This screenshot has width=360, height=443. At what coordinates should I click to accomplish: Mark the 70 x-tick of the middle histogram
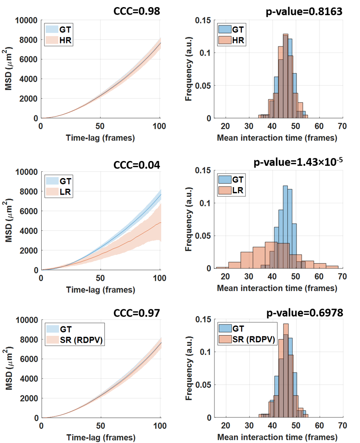tap(342, 276)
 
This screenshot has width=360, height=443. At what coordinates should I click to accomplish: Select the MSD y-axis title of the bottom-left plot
tap(9, 369)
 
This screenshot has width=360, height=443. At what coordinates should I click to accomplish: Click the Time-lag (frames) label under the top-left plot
tap(100, 138)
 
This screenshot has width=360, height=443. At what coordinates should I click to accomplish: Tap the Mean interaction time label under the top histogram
tap(277, 138)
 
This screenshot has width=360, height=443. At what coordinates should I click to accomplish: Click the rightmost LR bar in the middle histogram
tap(332, 267)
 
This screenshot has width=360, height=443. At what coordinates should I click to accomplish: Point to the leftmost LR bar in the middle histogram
tap(222, 267)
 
